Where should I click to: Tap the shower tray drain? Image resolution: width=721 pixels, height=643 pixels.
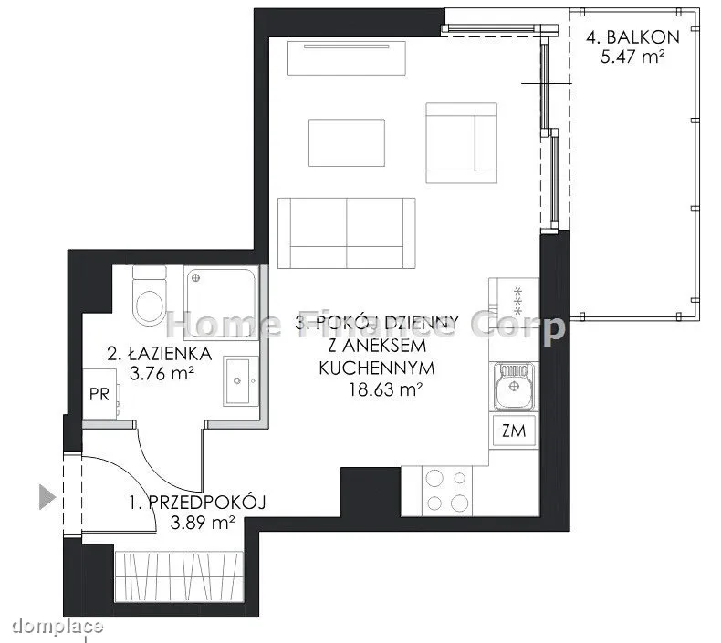pyautogui.click(x=195, y=277)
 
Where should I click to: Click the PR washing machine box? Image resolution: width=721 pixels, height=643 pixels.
pyautogui.click(x=99, y=394)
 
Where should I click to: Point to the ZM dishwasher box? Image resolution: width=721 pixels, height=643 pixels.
pyautogui.click(x=514, y=430)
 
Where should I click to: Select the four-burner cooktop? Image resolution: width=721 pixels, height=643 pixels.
pyautogui.click(x=446, y=491)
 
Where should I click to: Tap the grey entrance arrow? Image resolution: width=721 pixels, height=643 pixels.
pyautogui.click(x=47, y=497)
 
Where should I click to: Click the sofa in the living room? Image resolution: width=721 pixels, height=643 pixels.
pyautogui.click(x=347, y=233)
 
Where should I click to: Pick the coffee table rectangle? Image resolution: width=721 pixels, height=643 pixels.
pyautogui.click(x=347, y=143)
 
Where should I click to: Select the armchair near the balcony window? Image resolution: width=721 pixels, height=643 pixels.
pyautogui.click(x=461, y=143)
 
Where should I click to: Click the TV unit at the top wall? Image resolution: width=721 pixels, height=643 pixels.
pyautogui.click(x=347, y=57)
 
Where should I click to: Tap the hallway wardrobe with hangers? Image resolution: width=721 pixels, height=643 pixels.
pyautogui.click(x=179, y=576)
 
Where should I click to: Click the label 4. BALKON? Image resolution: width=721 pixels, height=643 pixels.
pyautogui.click(x=632, y=37)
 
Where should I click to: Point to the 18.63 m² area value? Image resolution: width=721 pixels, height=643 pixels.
pyautogui.click(x=385, y=389)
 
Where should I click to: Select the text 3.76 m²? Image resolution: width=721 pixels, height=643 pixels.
pyautogui.click(x=162, y=373)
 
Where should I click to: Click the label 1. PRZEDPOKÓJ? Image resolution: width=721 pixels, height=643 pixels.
pyautogui.click(x=197, y=503)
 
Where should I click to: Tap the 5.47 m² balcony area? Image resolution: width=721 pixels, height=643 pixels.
pyautogui.click(x=632, y=57)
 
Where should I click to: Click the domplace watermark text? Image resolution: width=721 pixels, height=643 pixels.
pyautogui.click(x=57, y=626)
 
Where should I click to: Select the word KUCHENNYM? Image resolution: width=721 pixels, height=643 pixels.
pyautogui.click(x=377, y=368)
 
